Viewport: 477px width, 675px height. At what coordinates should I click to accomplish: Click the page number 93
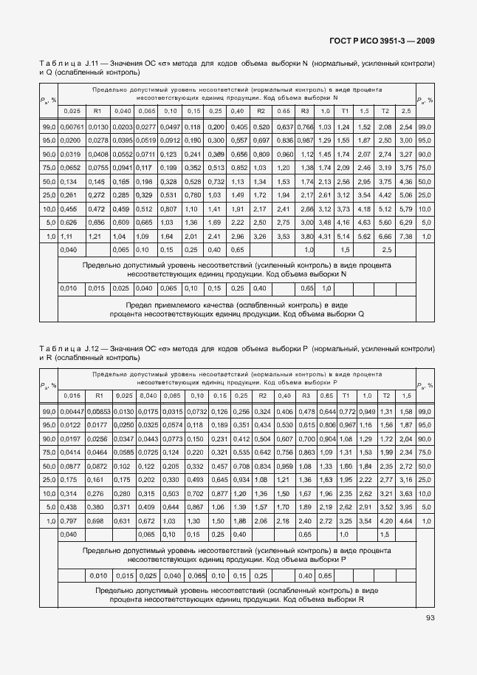click(x=430, y=618)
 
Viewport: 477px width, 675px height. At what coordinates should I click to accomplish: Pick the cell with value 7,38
click(x=405, y=236)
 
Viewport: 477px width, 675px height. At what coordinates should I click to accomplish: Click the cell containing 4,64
click(x=405, y=521)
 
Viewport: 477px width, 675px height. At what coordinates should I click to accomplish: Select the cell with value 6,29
click(x=405, y=222)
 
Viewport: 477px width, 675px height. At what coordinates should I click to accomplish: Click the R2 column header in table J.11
click(x=261, y=110)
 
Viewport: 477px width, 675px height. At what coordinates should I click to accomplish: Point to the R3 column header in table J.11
click(x=304, y=110)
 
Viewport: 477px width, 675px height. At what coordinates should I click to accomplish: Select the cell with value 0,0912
click(x=171, y=140)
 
